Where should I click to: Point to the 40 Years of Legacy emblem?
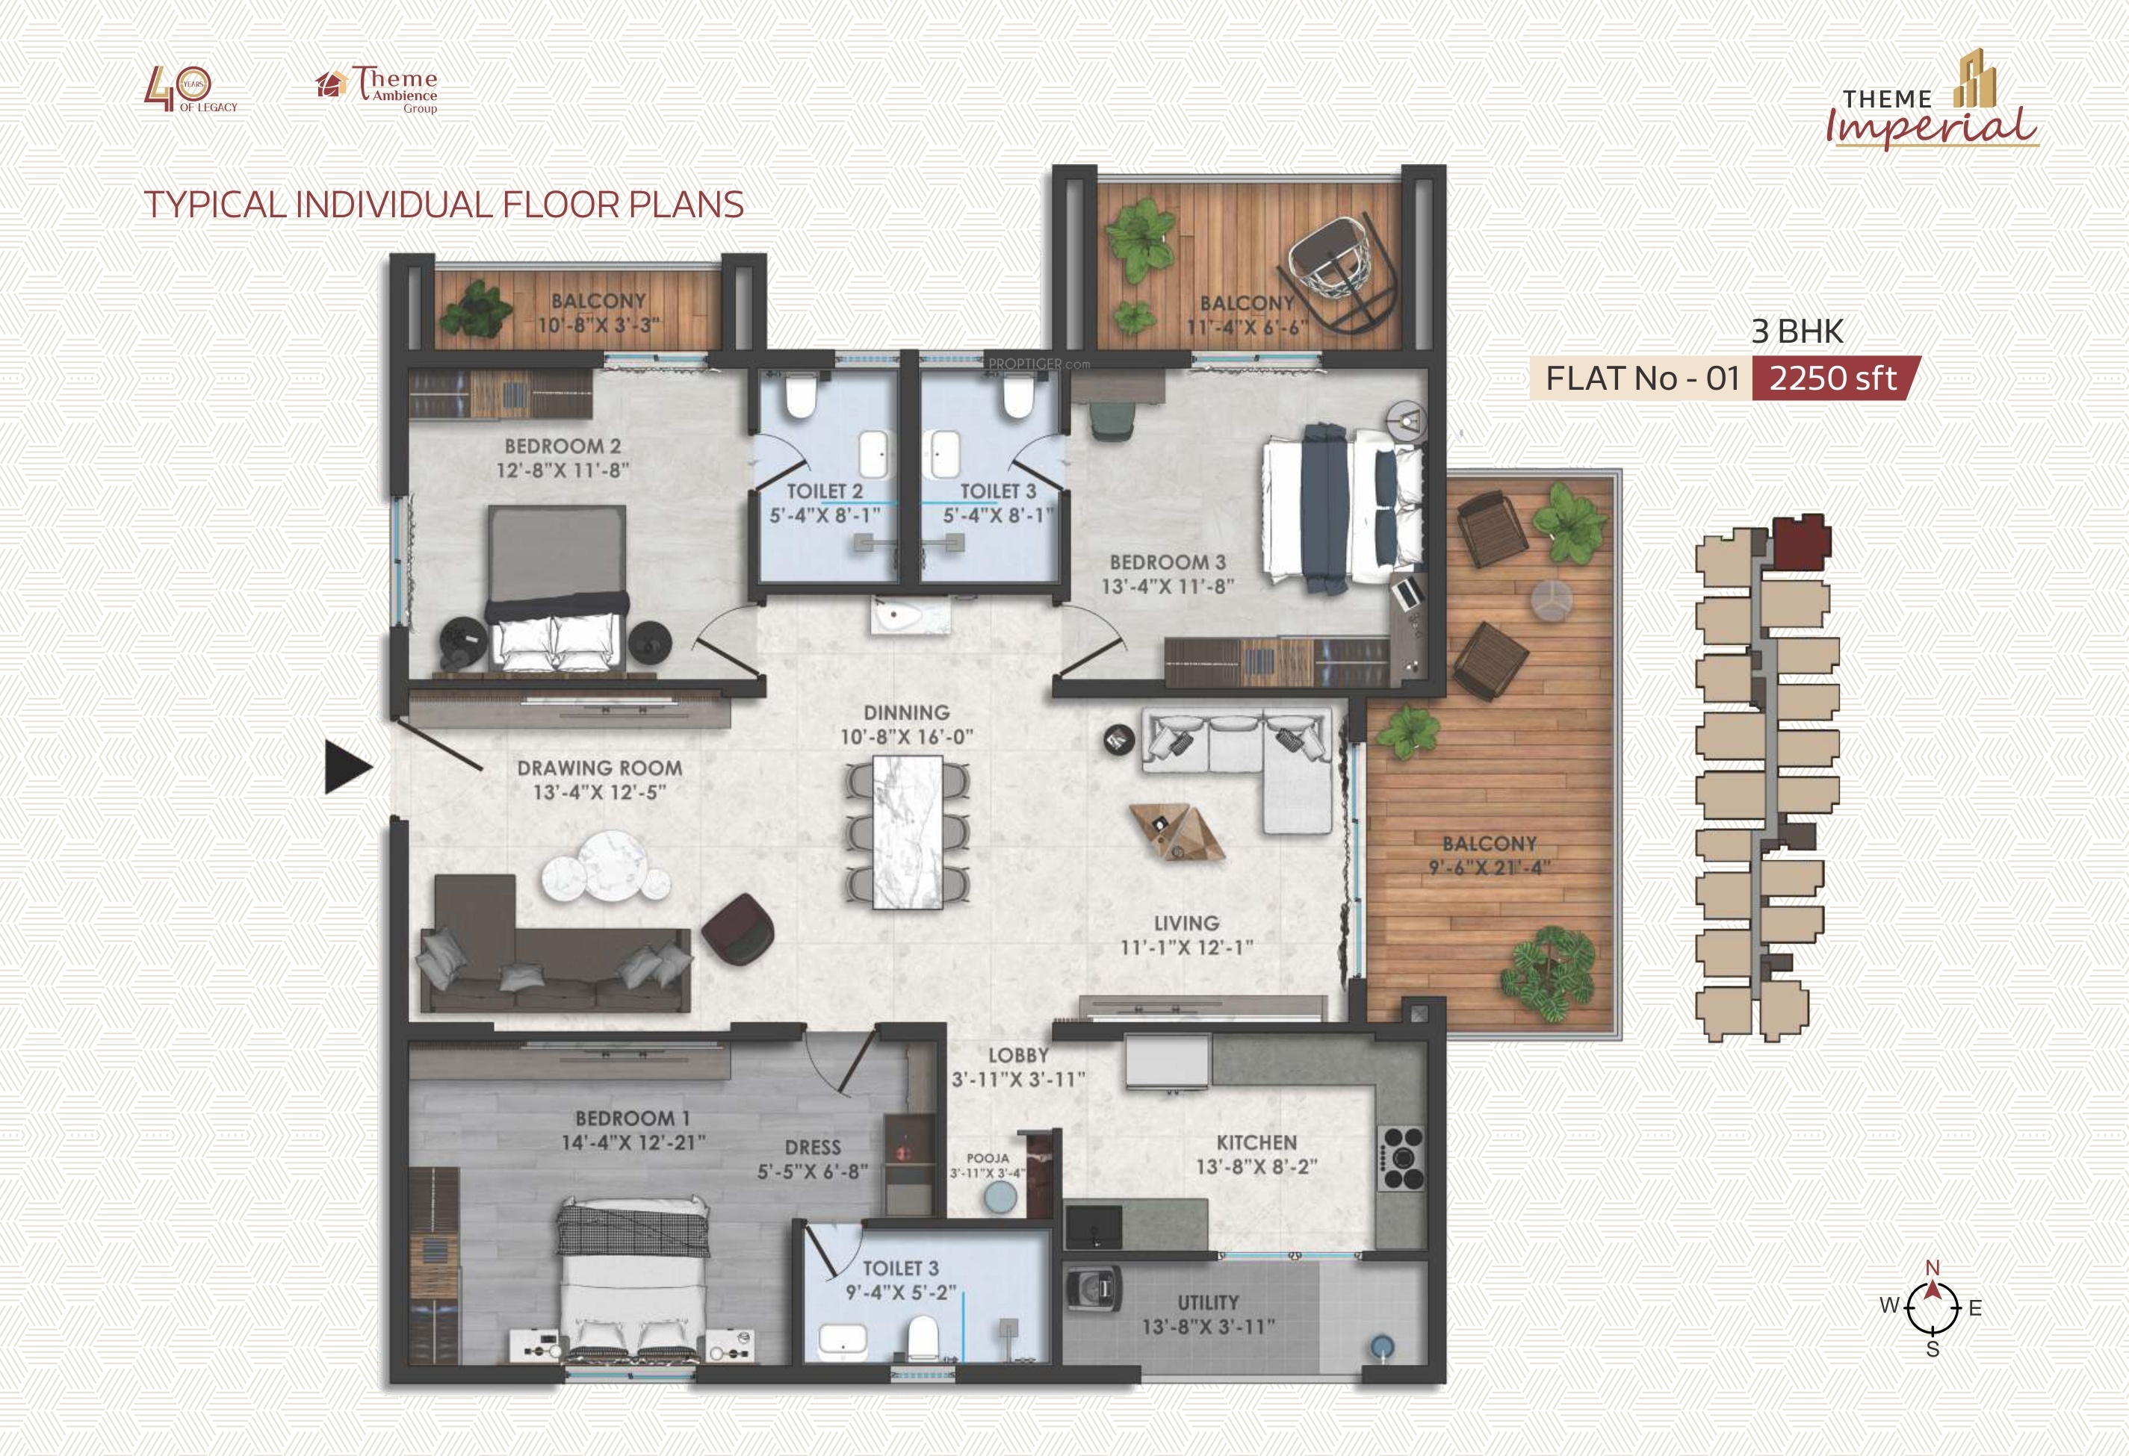click(x=190, y=90)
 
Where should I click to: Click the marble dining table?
click(x=907, y=832)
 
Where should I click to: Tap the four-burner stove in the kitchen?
click(x=1401, y=1158)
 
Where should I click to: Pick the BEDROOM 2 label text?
click(x=563, y=446)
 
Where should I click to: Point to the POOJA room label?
click(x=988, y=1157)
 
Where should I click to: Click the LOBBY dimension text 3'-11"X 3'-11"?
click(x=1017, y=1080)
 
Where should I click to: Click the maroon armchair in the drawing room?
click(x=738, y=930)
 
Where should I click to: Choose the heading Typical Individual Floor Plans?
click(x=444, y=204)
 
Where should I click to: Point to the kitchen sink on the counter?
click(x=1094, y=1226)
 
